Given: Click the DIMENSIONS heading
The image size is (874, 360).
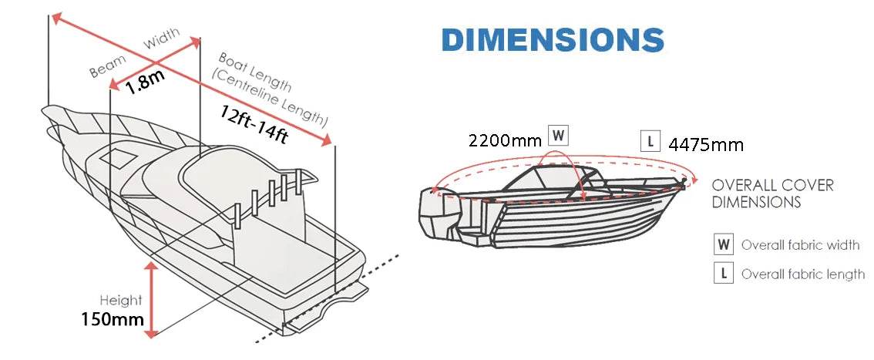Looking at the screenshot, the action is click(553, 40).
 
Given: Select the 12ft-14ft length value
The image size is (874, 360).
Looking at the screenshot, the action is click(254, 125).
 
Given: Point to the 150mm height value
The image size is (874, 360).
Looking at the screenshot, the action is click(113, 319).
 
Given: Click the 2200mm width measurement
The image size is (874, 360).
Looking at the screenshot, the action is click(505, 140).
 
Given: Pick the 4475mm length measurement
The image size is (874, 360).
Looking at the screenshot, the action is click(706, 145).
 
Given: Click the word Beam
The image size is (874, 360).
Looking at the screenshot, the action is click(108, 66).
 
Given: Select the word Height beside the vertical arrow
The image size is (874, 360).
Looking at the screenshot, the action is click(121, 301).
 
